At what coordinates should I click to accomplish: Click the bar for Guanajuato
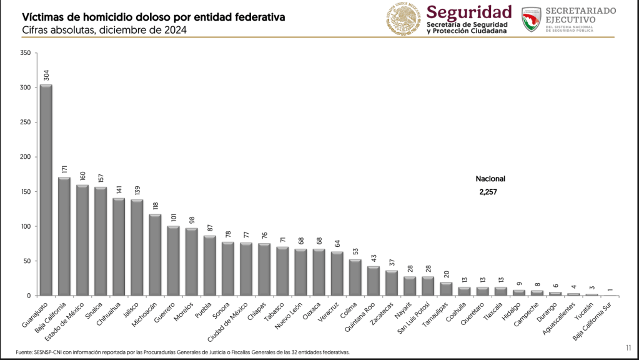tap(46, 190)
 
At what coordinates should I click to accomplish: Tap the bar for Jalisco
tap(137, 247)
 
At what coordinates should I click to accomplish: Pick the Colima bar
tap(355, 277)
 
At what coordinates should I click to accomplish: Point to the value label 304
tap(46, 75)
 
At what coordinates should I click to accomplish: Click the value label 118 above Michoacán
tap(156, 205)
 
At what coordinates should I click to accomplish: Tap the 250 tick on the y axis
tap(25, 122)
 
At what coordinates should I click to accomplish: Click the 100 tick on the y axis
tap(25, 226)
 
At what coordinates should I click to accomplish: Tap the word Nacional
tap(490, 179)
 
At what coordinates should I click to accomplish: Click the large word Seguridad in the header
tap(469, 12)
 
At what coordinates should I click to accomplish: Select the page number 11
tap(628, 347)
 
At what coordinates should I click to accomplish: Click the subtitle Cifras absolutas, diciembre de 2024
tap(104, 30)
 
